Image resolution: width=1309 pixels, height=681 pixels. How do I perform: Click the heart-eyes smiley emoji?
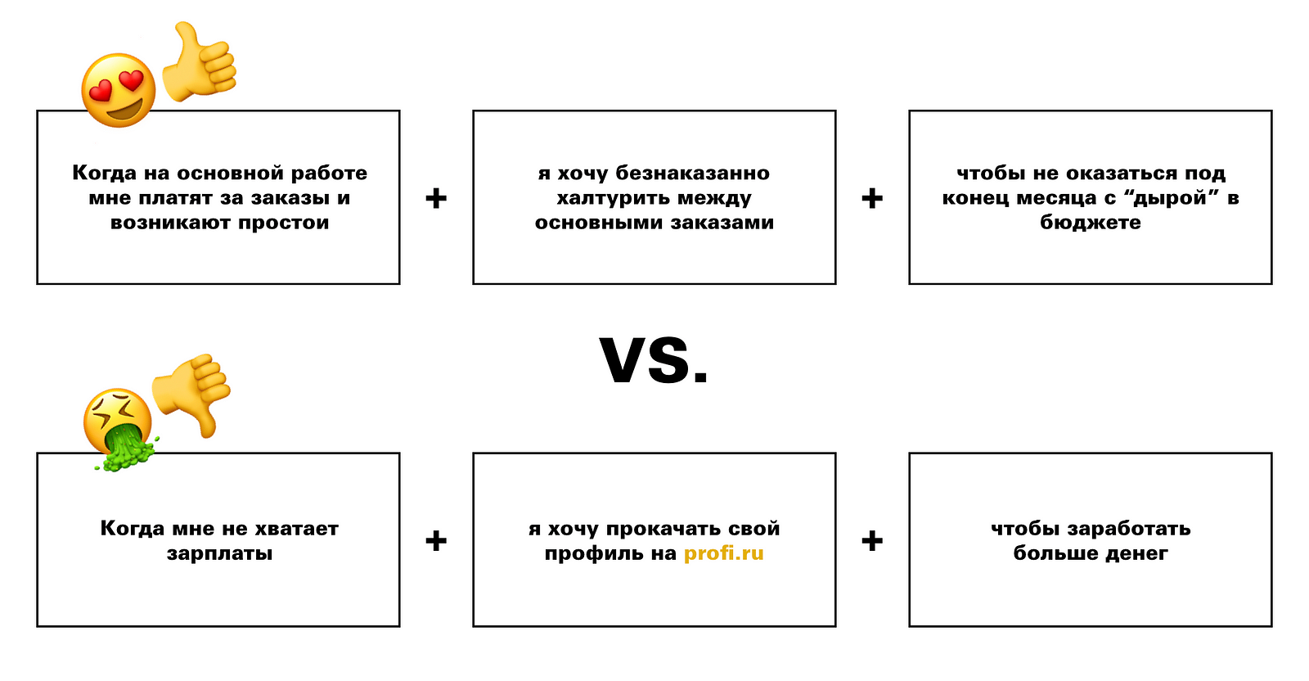119,90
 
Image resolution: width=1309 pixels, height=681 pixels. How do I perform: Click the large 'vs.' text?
654,360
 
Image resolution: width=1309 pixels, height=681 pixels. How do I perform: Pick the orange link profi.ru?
723,553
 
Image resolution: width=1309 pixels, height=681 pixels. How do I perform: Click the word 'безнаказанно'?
692,174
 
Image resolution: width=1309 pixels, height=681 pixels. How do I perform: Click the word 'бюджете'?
1090,223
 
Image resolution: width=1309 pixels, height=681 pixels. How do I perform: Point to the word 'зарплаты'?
219,553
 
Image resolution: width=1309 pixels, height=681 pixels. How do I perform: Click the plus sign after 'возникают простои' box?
436,198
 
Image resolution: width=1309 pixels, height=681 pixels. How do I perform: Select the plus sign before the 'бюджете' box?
872,198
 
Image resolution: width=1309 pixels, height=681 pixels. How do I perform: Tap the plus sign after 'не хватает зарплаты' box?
436,540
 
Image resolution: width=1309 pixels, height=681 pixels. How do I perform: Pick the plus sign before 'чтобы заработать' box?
872,540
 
